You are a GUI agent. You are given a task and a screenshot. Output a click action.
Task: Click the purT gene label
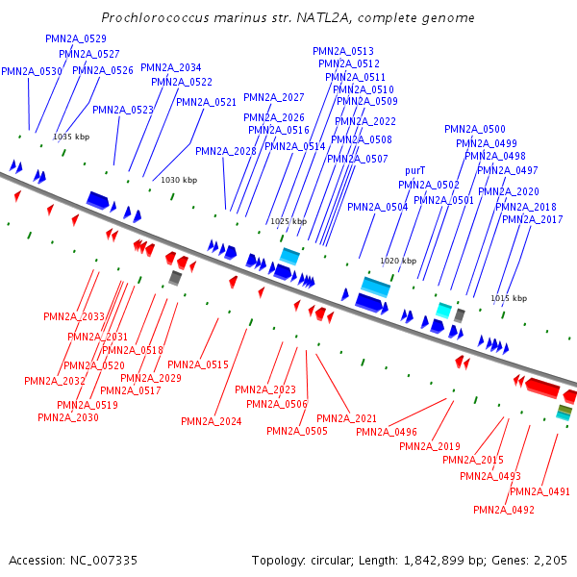[415, 170]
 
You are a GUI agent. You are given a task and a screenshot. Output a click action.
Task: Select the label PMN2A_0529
[76, 38]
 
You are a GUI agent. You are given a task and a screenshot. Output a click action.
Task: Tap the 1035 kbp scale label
[70, 137]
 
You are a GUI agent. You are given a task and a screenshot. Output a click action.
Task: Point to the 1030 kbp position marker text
[178, 180]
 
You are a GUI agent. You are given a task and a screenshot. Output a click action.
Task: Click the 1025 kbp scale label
[288, 221]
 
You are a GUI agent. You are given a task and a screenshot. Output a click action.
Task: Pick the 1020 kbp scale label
[398, 261]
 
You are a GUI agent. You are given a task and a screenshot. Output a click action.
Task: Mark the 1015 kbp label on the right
[509, 298]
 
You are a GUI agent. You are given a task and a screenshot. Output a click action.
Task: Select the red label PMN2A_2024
[212, 421]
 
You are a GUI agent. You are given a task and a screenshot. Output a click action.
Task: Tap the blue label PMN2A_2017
[533, 219]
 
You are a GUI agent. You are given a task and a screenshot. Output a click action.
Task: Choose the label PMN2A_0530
[32, 71]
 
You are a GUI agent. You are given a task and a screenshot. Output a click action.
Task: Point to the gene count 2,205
[549, 560]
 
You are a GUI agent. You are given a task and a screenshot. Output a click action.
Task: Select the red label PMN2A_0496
[387, 432]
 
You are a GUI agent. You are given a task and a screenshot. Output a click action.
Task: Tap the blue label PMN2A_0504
[378, 207]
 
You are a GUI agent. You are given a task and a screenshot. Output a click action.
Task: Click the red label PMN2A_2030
[68, 417]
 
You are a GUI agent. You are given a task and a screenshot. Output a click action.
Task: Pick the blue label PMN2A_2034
[171, 67]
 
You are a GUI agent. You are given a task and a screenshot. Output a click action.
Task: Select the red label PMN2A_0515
[198, 364]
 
